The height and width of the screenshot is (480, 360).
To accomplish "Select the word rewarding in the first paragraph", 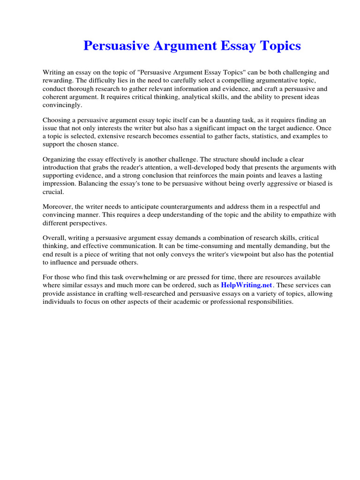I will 58,81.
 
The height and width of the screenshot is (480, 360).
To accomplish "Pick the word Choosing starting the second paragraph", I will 57,120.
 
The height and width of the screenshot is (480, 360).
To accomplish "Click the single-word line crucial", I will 52,192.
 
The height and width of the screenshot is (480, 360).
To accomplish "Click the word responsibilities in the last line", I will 265,301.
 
